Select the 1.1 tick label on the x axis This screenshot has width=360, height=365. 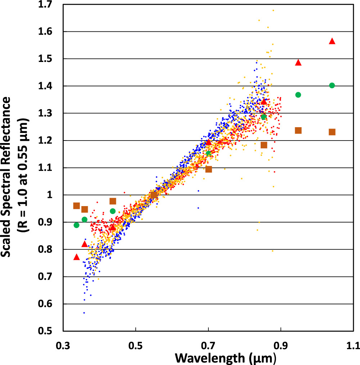click(x=352, y=347)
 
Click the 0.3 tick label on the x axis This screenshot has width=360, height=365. click(x=63, y=347)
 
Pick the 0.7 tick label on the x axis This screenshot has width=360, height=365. click(x=208, y=347)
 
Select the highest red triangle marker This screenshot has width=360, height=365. click(x=332, y=41)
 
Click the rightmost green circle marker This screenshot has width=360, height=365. click(x=332, y=85)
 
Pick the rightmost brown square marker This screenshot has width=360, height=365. click(x=332, y=132)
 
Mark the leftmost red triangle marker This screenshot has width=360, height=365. click(x=76, y=257)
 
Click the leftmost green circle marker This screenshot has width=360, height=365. click(x=76, y=225)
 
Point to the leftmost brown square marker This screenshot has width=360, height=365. click(x=76, y=206)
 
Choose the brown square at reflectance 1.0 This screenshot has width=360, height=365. click(x=154, y=195)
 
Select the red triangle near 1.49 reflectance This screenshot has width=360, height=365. click(x=298, y=63)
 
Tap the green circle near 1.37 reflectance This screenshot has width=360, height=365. click(x=298, y=95)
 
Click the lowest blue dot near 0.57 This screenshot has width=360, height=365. click(x=84, y=313)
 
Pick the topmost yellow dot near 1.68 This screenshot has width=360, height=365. click(x=273, y=10)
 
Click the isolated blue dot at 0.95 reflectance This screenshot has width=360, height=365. click(x=198, y=208)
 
